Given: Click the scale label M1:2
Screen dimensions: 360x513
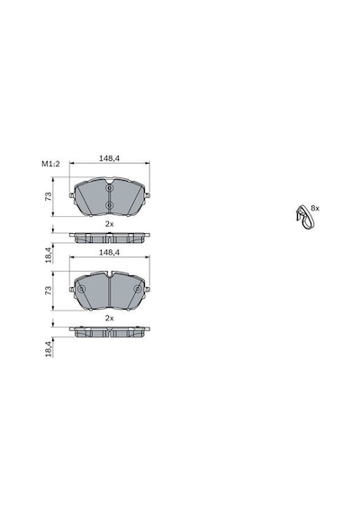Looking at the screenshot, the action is [x=50, y=164].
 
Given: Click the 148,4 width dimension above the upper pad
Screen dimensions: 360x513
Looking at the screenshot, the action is [x=109, y=158].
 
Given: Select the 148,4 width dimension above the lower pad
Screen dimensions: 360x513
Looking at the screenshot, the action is [x=109, y=252].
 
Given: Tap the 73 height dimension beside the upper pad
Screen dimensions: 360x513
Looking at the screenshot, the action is [x=49, y=196].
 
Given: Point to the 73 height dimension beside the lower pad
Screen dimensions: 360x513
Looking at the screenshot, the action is [x=49, y=290].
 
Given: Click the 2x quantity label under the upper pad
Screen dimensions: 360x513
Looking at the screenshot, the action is [x=109, y=224].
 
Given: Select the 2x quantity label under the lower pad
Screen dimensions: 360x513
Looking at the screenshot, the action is [x=109, y=318].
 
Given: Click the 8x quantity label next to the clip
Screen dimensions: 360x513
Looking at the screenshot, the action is [x=315, y=208].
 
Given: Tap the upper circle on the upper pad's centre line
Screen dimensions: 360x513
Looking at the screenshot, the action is [x=109, y=188].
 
